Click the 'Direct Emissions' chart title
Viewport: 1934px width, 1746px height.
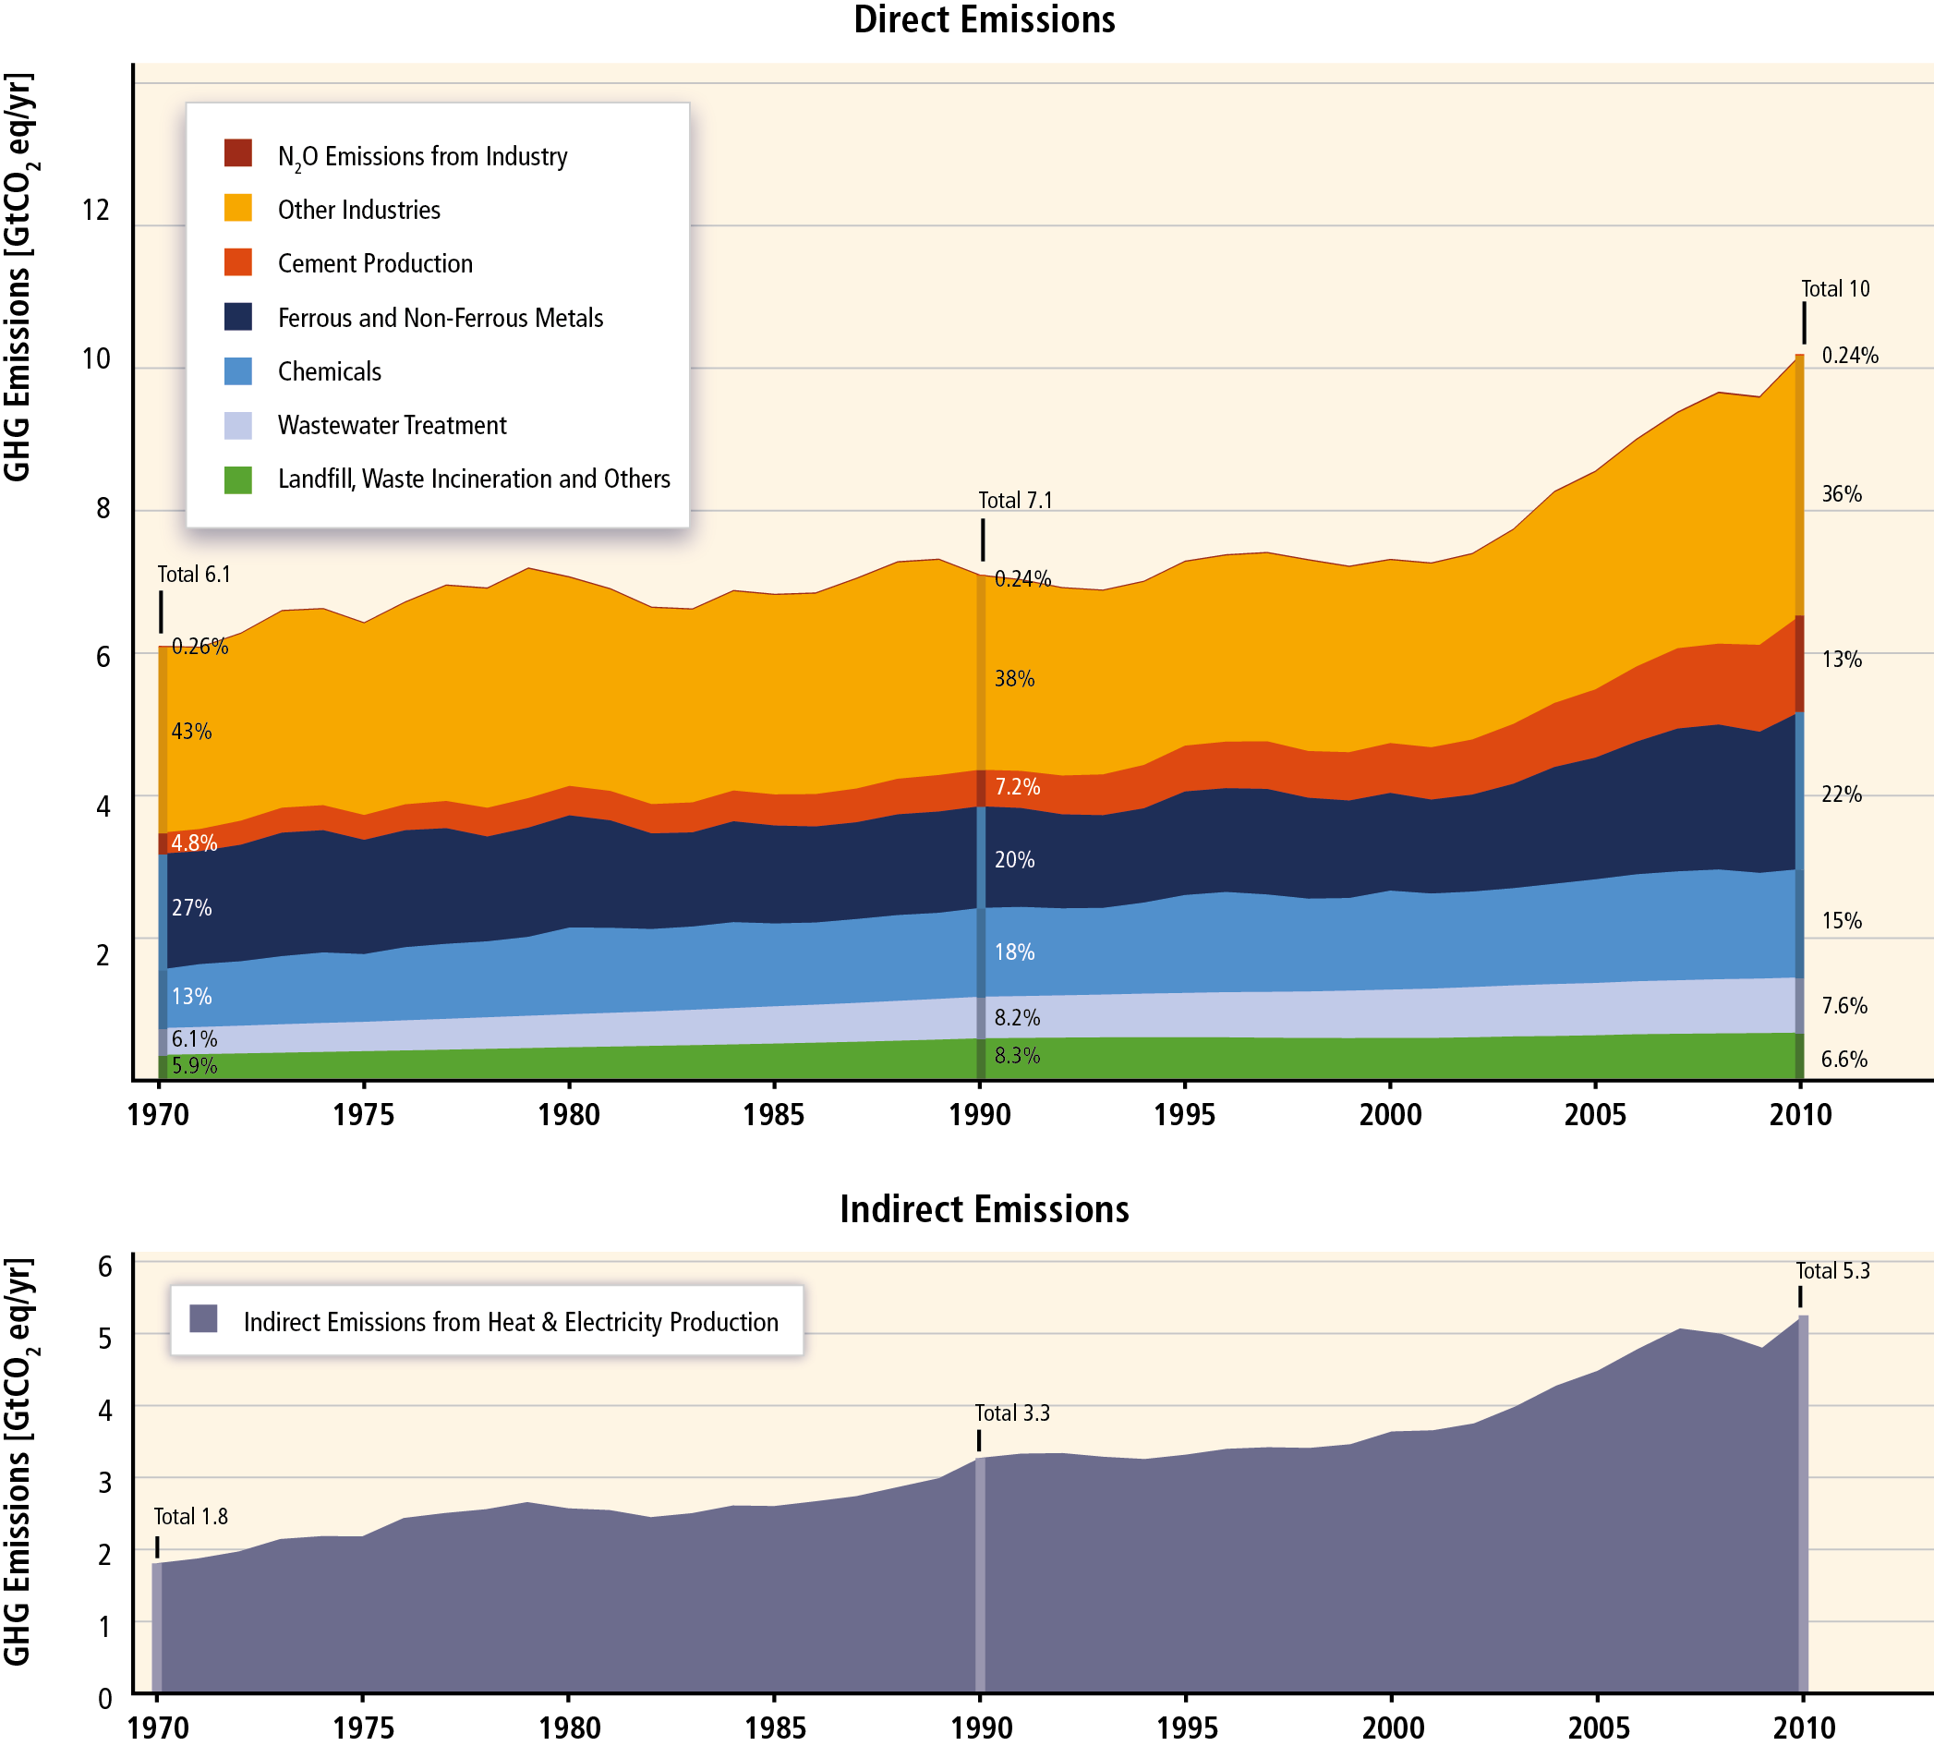(x=985, y=20)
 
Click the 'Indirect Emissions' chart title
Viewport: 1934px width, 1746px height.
(x=985, y=1210)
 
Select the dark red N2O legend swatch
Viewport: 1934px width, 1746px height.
(x=238, y=153)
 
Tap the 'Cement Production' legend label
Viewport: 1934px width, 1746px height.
(x=375, y=264)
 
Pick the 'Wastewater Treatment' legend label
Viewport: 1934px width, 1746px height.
(x=392, y=425)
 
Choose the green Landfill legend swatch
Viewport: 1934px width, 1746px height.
(x=238, y=479)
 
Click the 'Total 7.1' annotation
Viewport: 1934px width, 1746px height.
(x=1015, y=500)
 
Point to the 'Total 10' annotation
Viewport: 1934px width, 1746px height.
(x=1835, y=289)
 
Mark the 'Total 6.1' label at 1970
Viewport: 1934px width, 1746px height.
(x=194, y=575)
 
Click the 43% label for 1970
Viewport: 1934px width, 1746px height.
(x=192, y=732)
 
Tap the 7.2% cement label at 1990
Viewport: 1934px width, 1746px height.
(x=1017, y=787)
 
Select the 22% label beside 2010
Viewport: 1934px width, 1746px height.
(x=1842, y=794)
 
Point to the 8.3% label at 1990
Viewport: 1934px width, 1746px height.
(x=1017, y=1056)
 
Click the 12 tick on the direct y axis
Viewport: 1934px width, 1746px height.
(x=96, y=210)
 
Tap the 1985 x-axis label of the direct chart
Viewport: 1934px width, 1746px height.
(x=774, y=1115)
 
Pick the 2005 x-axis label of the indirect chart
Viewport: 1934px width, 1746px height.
(x=1598, y=1728)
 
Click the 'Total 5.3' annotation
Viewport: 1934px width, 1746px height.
(x=1832, y=1271)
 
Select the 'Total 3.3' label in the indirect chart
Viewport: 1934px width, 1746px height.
(x=1012, y=1413)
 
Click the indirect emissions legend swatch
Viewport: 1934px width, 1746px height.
(x=203, y=1319)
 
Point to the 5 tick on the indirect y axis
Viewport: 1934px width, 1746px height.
(x=104, y=1338)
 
